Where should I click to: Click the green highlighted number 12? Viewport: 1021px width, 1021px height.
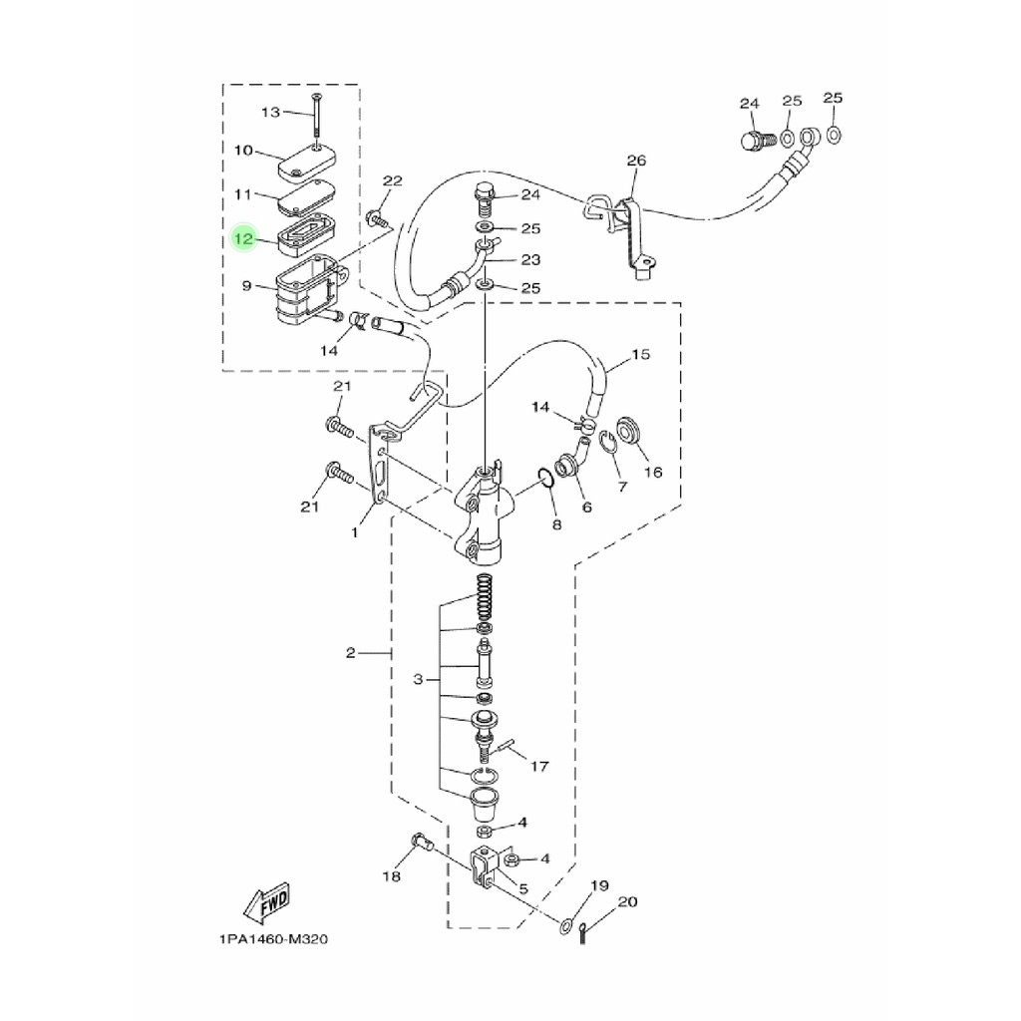tap(243, 239)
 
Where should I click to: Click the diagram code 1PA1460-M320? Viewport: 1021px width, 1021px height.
tap(273, 939)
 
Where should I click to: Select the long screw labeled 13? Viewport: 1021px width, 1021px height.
tap(316, 121)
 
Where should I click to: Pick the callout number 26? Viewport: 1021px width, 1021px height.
tap(636, 161)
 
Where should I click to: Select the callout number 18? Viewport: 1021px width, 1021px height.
tap(391, 876)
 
